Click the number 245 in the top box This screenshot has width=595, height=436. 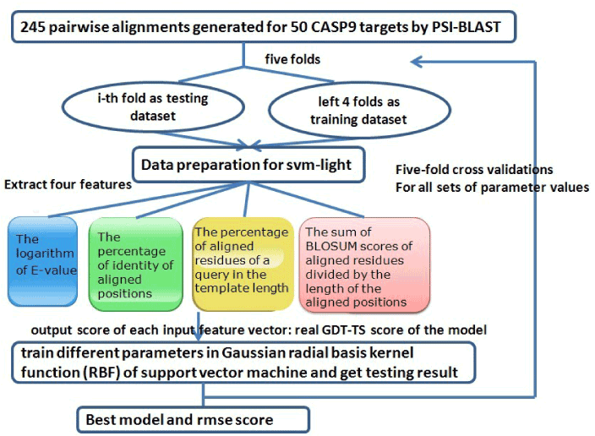[33, 27]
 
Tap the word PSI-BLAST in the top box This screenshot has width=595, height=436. [466, 27]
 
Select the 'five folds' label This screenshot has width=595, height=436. [292, 59]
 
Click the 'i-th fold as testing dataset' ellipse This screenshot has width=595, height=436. [153, 106]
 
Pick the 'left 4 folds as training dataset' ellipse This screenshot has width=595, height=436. [359, 110]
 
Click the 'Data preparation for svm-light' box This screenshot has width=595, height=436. [248, 165]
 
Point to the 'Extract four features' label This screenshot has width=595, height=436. [68, 184]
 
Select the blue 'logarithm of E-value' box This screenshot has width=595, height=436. [42, 261]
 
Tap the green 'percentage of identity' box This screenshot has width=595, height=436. [135, 264]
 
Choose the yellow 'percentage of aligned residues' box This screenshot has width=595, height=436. [243, 264]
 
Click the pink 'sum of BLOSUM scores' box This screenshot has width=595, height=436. [364, 264]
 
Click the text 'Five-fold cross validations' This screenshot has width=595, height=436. [474, 169]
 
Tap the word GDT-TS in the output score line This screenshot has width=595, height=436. [343, 330]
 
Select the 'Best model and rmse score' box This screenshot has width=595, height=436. [194, 420]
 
